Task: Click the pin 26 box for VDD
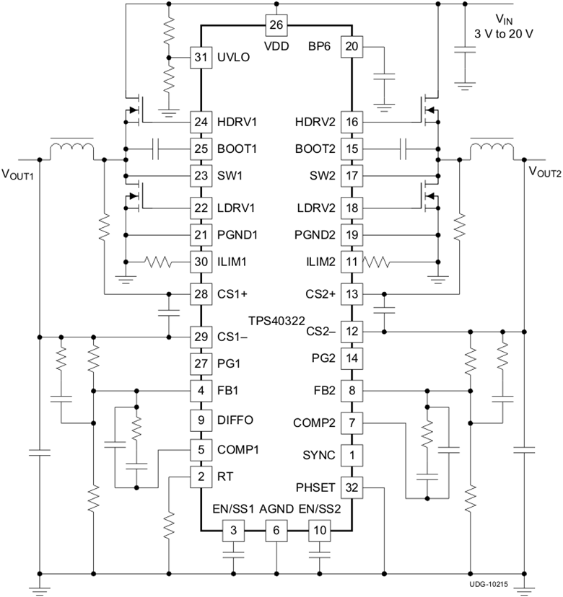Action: pyautogui.click(x=276, y=25)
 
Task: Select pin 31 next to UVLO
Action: pyautogui.click(x=200, y=58)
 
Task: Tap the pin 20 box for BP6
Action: pyautogui.click(x=352, y=47)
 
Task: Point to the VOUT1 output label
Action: pyautogui.click(x=19, y=173)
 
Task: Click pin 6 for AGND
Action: pyautogui.click(x=276, y=530)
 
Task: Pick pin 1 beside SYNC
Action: pyautogui.click(x=352, y=456)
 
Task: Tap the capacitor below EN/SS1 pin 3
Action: pyautogui.click(x=232, y=555)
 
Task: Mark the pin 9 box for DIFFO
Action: pyautogui.click(x=200, y=420)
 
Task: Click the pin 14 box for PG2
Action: pyautogui.click(x=352, y=358)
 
